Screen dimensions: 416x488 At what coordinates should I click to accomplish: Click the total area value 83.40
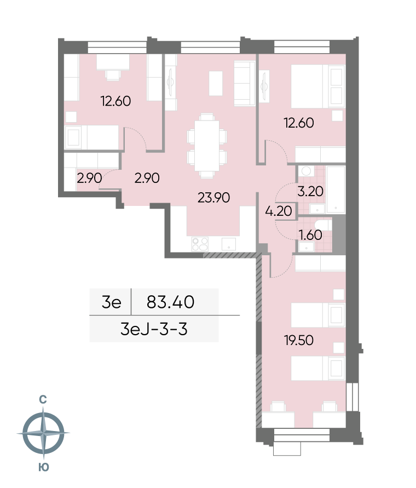pyautogui.click(x=171, y=302)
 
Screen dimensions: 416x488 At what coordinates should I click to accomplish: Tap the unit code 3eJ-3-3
pyautogui.click(x=154, y=329)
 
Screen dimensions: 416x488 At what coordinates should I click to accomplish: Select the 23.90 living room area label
pyautogui.click(x=214, y=198)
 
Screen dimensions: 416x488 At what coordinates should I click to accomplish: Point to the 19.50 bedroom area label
pyautogui.click(x=299, y=340)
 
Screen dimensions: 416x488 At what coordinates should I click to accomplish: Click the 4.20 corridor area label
pyautogui.click(x=279, y=211)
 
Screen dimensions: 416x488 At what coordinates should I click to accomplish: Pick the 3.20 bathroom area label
pyautogui.click(x=310, y=191)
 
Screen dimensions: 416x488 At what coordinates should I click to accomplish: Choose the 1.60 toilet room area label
pyautogui.click(x=310, y=235)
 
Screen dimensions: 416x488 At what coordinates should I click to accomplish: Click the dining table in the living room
pyautogui.click(x=206, y=146)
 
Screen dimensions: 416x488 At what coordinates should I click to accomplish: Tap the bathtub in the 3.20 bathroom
pyautogui.click(x=336, y=190)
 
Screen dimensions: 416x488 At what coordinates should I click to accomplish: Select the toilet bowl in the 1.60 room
pyautogui.click(x=322, y=224)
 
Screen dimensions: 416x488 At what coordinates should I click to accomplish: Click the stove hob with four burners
pyautogui.click(x=200, y=244)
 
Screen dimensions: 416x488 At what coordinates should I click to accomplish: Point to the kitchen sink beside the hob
pyautogui.click(x=229, y=244)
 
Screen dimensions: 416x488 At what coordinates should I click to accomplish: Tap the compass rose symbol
pyautogui.click(x=43, y=433)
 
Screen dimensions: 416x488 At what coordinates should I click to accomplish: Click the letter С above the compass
pyautogui.click(x=43, y=400)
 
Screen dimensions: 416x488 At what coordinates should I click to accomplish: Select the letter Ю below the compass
pyautogui.click(x=44, y=467)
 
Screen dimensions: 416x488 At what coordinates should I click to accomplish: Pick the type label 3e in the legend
pyautogui.click(x=111, y=302)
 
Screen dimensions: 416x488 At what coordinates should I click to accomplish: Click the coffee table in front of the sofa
pyautogui.click(x=216, y=83)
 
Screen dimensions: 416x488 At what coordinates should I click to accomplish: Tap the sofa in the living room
pyautogui.click(x=245, y=83)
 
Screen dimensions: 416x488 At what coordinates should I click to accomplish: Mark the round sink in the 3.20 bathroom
pyautogui.click(x=307, y=171)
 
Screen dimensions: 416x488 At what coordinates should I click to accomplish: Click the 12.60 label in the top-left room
pyautogui.click(x=115, y=101)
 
